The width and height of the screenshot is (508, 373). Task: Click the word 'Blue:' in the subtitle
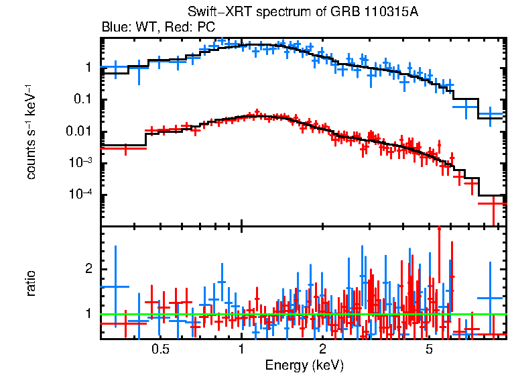click(115, 28)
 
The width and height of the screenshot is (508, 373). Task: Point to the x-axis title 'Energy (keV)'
click(304, 365)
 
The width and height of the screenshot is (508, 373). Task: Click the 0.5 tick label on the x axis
click(160, 350)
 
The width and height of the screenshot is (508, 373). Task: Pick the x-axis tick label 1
click(241, 350)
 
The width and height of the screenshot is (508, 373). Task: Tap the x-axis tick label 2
click(322, 350)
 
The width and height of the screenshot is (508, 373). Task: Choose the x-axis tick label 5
click(430, 350)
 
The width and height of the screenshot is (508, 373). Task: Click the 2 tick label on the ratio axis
click(87, 269)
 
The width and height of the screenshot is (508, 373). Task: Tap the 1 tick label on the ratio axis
click(87, 313)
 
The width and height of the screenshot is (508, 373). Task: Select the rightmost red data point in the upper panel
click(494, 202)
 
